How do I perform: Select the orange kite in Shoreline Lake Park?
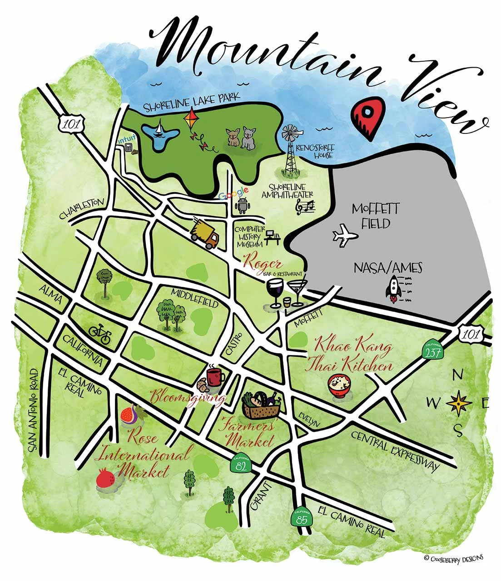[x=190, y=119]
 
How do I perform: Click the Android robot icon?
[x=241, y=206]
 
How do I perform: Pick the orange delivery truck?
[x=205, y=234]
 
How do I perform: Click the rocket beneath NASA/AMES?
[x=393, y=289]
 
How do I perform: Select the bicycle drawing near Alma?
[x=100, y=334]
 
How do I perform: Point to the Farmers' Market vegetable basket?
[x=261, y=405]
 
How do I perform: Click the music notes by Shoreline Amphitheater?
[x=305, y=207]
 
